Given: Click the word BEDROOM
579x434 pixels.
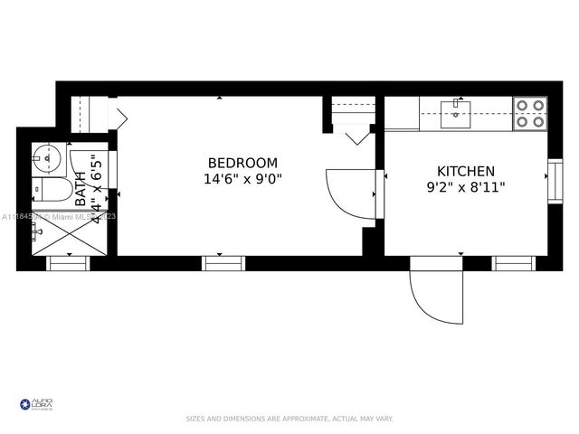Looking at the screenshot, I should coord(242,163).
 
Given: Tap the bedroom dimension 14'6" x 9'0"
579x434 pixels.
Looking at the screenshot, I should coord(242,179).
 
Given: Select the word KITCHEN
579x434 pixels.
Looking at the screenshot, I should coord(466,171).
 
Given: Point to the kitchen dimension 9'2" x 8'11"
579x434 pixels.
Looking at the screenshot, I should coord(466,187).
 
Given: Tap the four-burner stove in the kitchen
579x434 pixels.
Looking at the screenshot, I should coord(530,113).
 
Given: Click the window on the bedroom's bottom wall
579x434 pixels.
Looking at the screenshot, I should coord(223,263).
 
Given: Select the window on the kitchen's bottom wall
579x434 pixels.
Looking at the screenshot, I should coord(514,263).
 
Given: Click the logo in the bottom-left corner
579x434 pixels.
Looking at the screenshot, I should coord(36,403).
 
